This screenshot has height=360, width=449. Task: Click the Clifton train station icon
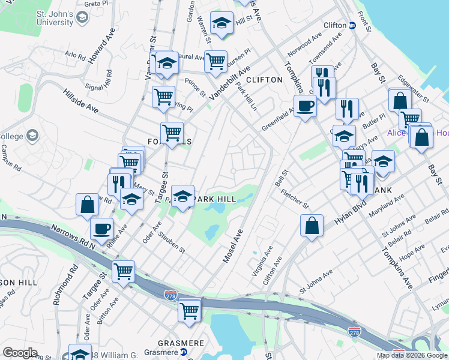pyautogui.click(x=353, y=26)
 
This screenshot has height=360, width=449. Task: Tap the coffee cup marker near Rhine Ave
pyautogui.click(x=101, y=229)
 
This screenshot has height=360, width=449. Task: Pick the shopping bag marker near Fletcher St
pyautogui.click(x=312, y=226)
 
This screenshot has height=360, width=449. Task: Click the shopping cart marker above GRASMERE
pyautogui.click(x=190, y=310)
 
